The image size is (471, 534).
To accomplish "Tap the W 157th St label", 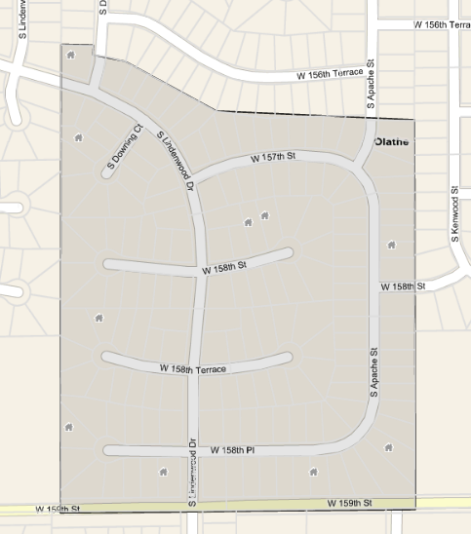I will click(x=272, y=156).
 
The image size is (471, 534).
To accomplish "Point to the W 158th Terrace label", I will click(x=193, y=369).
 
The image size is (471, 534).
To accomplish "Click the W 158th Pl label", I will click(x=232, y=450).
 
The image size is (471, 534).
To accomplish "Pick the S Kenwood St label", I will click(x=454, y=213).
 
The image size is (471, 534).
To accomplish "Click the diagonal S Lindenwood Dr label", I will click(x=177, y=159).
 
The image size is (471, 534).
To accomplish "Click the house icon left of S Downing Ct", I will click(x=78, y=136).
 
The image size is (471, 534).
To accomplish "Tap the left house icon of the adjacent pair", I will click(x=248, y=222).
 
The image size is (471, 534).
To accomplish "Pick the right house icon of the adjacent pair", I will click(x=263, y=215).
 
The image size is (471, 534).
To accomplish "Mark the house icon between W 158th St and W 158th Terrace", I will click(x=98, y=317).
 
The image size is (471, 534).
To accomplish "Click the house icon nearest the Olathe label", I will click(x=391, y=245).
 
